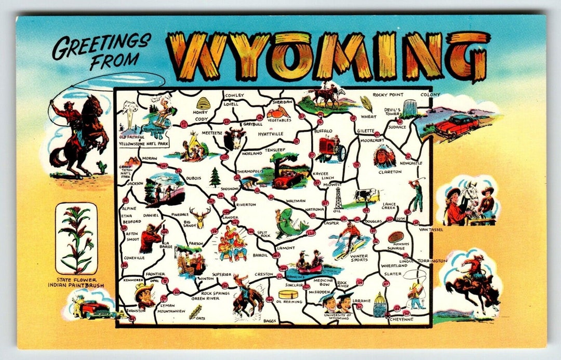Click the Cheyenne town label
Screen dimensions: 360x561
[x=401, y=319]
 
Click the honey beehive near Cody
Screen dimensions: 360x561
[x=203, y=103]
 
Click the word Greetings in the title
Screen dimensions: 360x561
[x=101, y=46]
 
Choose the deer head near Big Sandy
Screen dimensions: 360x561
[x=199, y=214]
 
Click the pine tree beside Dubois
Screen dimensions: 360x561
[x=215, y=177]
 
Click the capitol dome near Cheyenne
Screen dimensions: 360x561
[x=380, y=305]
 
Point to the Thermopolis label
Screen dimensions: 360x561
[x=251, y=171]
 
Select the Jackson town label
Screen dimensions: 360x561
[x=134, y=183]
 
